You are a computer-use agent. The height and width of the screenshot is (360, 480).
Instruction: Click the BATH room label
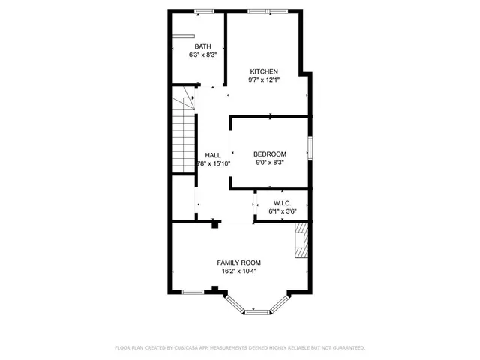click(x=202, y=46)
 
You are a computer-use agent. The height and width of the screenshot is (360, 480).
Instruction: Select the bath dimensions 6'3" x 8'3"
click(x=202, y=55)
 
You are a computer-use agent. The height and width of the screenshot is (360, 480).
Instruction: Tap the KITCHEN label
click(x=264, y=71)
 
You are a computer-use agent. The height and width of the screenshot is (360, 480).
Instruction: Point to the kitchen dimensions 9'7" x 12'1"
click(x=264, y=79)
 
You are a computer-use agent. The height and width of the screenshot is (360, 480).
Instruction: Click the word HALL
click(x=213, y=154)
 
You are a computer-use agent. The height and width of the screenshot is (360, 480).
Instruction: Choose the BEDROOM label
click(x=270, y=154)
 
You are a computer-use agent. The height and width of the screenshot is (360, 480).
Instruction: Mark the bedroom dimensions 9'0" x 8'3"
click(x=270, y=162)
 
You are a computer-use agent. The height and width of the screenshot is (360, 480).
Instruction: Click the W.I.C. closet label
click(x=282, y=202)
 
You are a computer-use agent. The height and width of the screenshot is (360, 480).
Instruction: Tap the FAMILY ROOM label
click(x=239, y=262)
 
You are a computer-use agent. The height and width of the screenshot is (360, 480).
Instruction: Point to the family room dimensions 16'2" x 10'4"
click(x=239, y=271)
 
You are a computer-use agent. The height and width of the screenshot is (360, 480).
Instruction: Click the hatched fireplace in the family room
click(x=301, y=241)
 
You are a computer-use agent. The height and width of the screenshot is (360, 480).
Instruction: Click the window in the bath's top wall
click(x=202, y=10)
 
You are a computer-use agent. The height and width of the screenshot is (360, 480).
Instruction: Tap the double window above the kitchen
click(x=266, y=10)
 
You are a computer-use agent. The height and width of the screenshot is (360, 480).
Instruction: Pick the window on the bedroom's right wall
click(x=310, y=148)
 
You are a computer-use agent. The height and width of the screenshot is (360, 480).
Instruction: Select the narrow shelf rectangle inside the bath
click(x=184, y=35)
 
